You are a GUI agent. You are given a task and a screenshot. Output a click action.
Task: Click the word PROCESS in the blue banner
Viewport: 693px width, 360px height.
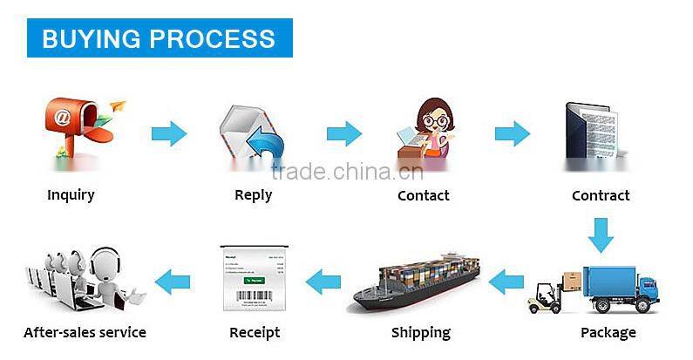[212, 38]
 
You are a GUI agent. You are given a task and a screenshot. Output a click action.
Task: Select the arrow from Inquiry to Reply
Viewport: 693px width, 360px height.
[169, 133]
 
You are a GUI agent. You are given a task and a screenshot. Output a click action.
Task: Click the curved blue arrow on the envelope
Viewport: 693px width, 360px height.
[265, 142]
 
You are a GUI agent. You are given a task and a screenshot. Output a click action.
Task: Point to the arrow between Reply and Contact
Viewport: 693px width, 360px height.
[344, 133]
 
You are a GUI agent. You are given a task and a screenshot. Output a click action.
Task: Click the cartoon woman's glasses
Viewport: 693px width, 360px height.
[435, 120]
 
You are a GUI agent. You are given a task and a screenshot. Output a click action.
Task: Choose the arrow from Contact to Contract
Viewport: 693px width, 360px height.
[513, 133]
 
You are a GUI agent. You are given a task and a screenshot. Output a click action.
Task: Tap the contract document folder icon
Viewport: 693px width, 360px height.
[592, 130]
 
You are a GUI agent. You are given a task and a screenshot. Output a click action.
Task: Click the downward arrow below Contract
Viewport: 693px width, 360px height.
[601, 235]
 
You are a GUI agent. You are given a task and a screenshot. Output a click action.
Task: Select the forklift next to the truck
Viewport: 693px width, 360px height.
[545, 298]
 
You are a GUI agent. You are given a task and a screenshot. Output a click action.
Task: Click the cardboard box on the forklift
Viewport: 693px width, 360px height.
[573, 282]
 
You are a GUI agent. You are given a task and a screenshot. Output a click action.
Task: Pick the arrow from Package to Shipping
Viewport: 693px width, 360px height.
[506, 282]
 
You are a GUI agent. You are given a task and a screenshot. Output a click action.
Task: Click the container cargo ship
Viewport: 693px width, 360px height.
[418, 282]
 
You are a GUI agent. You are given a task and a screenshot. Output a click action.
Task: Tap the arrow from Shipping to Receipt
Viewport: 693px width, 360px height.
[323, 282]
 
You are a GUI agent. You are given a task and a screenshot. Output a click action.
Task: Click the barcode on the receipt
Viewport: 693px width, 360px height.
[255, 295]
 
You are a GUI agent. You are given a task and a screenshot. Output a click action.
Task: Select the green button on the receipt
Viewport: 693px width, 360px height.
[255, 281]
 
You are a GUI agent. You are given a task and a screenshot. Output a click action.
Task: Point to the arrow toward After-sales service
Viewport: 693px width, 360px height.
[173, 282]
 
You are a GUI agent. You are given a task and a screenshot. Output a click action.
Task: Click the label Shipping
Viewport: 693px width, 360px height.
[421, 333]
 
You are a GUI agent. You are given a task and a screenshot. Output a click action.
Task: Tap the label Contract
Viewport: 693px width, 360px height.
[601, 195]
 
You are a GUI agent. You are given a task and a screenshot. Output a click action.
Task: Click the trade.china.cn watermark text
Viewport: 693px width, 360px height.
[348, 172]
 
